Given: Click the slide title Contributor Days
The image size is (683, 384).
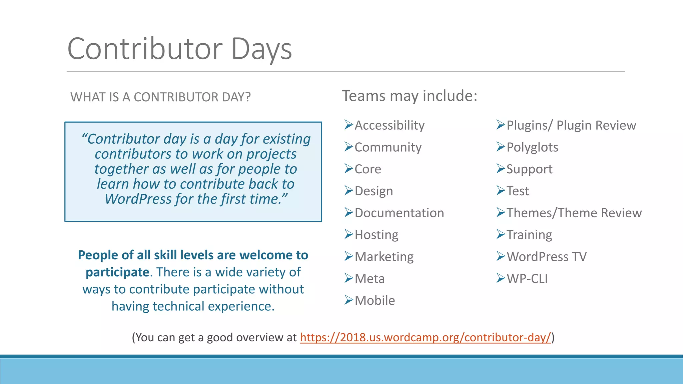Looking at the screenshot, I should pyautogui.click(x=179, y=49).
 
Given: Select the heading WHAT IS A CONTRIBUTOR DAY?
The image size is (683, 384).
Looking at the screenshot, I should pyautogui.click(x=160, y=97).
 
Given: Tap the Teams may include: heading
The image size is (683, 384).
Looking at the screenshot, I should pyautogui.click(x=410, y=96).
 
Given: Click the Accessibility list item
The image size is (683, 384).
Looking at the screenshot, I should pyautogui.click(x=389, y=125).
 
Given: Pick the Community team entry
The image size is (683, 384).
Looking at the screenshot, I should pyautogui.click(x=388, y=147).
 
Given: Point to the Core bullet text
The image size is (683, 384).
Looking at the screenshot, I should pyautogui.click(x=368, y=169).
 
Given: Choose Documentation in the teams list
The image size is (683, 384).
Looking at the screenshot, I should pyautogui.click(x=399, y=213).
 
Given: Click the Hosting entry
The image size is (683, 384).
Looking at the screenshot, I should pyautogui.click(x=376, y=235).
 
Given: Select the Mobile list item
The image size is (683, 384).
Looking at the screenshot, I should pyautogui.click(x=375, y=301).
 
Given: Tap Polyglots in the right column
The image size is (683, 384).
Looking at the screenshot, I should pyautogui.click(x=532, y=147).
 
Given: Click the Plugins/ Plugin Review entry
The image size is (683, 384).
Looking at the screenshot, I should pyautogui.click(x=571, y=125).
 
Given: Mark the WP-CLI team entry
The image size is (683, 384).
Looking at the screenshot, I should pyautogui.click(x=527, y=279).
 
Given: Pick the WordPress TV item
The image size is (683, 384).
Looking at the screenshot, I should pyautogui.click(x=546, y=257).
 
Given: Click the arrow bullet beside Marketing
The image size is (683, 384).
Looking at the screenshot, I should pyautogui.click(x=349, y=256).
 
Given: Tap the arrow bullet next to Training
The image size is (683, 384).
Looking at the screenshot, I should pyautogui.click(x=501, y=234).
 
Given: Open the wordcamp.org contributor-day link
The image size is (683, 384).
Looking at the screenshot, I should pyautogui.click(x=425, y=337).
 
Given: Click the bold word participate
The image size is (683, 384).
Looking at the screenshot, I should pyautogui.click(x=117, y=272).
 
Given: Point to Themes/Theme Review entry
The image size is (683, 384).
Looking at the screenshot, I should pyautogui.click(x=574, y=213).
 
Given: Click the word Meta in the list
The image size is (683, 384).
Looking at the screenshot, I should pyautogui.click(x=370, y=279).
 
